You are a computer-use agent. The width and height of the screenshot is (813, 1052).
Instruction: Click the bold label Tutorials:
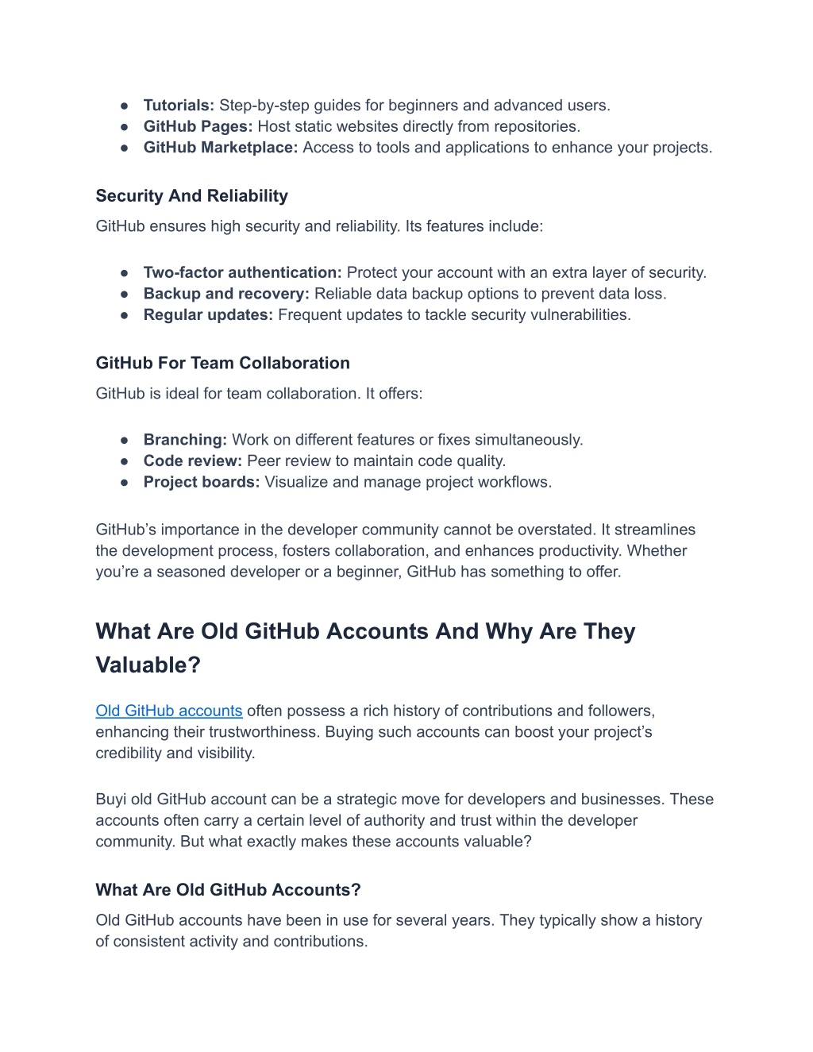point(179,106)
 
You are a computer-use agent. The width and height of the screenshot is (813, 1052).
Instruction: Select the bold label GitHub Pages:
point(198,127)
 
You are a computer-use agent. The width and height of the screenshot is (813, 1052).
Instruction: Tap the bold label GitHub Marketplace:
point(221,148)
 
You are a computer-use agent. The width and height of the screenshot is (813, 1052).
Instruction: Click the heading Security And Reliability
point(191,196)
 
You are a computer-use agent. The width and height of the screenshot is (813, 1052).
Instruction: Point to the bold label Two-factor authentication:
point(242,273)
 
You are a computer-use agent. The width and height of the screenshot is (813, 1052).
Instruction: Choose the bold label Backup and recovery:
point(226,294)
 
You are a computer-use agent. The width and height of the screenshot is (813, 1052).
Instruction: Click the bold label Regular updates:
point(208,315)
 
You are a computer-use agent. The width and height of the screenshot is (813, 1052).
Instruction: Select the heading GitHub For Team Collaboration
point(222,364)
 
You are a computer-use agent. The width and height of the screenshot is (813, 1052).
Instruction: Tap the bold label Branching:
point(185,440)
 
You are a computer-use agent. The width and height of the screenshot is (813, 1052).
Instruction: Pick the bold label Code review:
point(192,461)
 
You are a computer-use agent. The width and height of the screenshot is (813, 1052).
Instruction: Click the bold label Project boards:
point(202,483)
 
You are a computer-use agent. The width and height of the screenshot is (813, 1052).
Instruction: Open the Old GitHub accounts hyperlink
point(168,711)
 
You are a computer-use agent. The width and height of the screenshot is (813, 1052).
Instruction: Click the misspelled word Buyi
point(110,800)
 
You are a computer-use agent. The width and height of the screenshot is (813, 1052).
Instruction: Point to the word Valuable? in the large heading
point(148,665)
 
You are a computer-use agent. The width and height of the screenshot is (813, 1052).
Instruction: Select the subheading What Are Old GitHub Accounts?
point(228,890)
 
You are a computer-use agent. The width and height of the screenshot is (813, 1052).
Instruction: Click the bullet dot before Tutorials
point(125,106)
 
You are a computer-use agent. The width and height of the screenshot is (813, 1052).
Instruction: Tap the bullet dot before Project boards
point(125,483)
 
